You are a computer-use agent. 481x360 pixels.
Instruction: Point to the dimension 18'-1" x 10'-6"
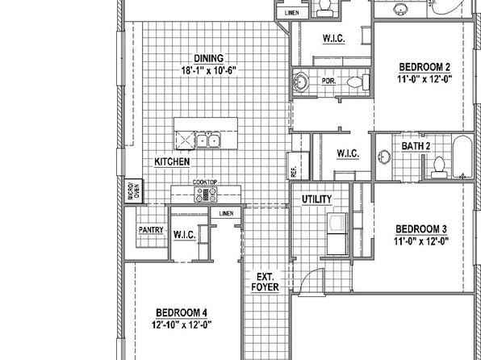pyautogui.click(x=209, y=70)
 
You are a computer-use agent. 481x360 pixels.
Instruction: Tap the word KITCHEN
pyautogui.click(x=172, y=161)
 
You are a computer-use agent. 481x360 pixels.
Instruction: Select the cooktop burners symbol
pyautogui.click(x=206, y=195)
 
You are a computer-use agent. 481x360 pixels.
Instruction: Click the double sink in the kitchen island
pyautogui.click(x=207, y=140)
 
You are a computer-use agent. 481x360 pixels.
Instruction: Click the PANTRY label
pyautogui.click(x=151, y=230)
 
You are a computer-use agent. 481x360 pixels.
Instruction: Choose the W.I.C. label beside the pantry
pyautogui.click(x=184, y=235)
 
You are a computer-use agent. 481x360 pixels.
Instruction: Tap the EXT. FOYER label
pyautogui.click(x=265, y=282)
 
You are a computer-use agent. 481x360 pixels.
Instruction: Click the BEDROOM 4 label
pyautogui.click(x=182, y=312)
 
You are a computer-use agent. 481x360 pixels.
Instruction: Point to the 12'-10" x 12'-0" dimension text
pyautogui.click(x=182, y=324)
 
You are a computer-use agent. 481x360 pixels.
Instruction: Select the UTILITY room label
pyautogui.click(x=316, y=199)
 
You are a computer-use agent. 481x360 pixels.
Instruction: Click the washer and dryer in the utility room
pyautogui.click(x=337, y=233)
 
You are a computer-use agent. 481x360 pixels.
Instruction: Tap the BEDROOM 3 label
pyautogui.click(x=421, y=229)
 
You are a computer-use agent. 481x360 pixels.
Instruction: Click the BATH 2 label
pyautogui.click(x=416, y=146)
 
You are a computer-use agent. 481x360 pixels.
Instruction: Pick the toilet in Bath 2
pyautogui.click(x=439, y=167)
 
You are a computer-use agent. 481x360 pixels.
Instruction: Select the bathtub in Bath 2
pyautogui.click(x=462, y=157)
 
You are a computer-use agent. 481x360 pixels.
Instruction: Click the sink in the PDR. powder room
pyautogui.click(x=300, y=82)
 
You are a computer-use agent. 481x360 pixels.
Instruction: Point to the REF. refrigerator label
pyautogui.click(x=294, y=172)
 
